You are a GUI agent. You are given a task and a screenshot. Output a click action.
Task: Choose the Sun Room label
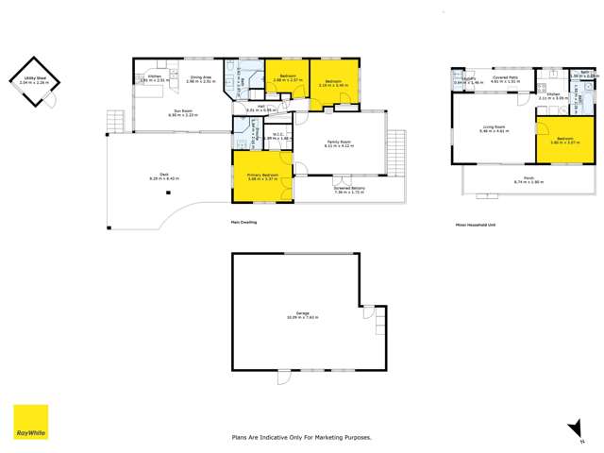pyautogui.click(x=171, y=111)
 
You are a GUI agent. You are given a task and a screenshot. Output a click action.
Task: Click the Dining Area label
pyautogui.click(x=199, y=78)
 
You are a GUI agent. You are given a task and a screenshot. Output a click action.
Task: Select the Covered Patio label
pyautogui.click(x=506, y=80)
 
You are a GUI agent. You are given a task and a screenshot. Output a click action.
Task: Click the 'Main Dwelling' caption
pyautogui.click(x=243, y=222)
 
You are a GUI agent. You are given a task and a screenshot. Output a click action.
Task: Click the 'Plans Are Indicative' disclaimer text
pyautogui.click(x=302, y=437)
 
